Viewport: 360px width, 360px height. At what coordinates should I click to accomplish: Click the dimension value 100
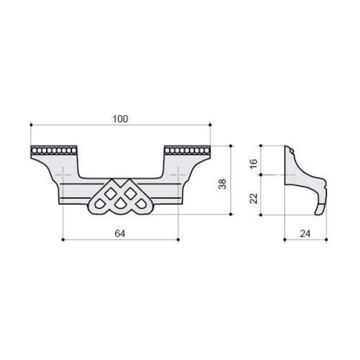click(x=120, y=119)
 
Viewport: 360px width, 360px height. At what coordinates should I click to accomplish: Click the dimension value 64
click(x=120, y=233)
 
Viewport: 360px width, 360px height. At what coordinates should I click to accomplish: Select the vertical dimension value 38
click(x=222, y=184)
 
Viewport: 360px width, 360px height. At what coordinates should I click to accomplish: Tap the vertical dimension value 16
click(x=253, y=163)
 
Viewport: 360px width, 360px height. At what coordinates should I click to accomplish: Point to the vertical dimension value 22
click(x=253, y=198)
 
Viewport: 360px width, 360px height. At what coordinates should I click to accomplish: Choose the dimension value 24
click(x=305, y=233)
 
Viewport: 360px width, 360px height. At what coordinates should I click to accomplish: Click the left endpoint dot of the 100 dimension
click(x=31, y=125)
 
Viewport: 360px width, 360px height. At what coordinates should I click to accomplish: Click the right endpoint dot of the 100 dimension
click(x=210, y=125)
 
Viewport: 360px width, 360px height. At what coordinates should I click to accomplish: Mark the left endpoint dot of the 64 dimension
click(x=63, y=240)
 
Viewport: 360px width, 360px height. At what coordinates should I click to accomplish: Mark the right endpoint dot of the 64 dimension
click(x=178, y=240)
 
